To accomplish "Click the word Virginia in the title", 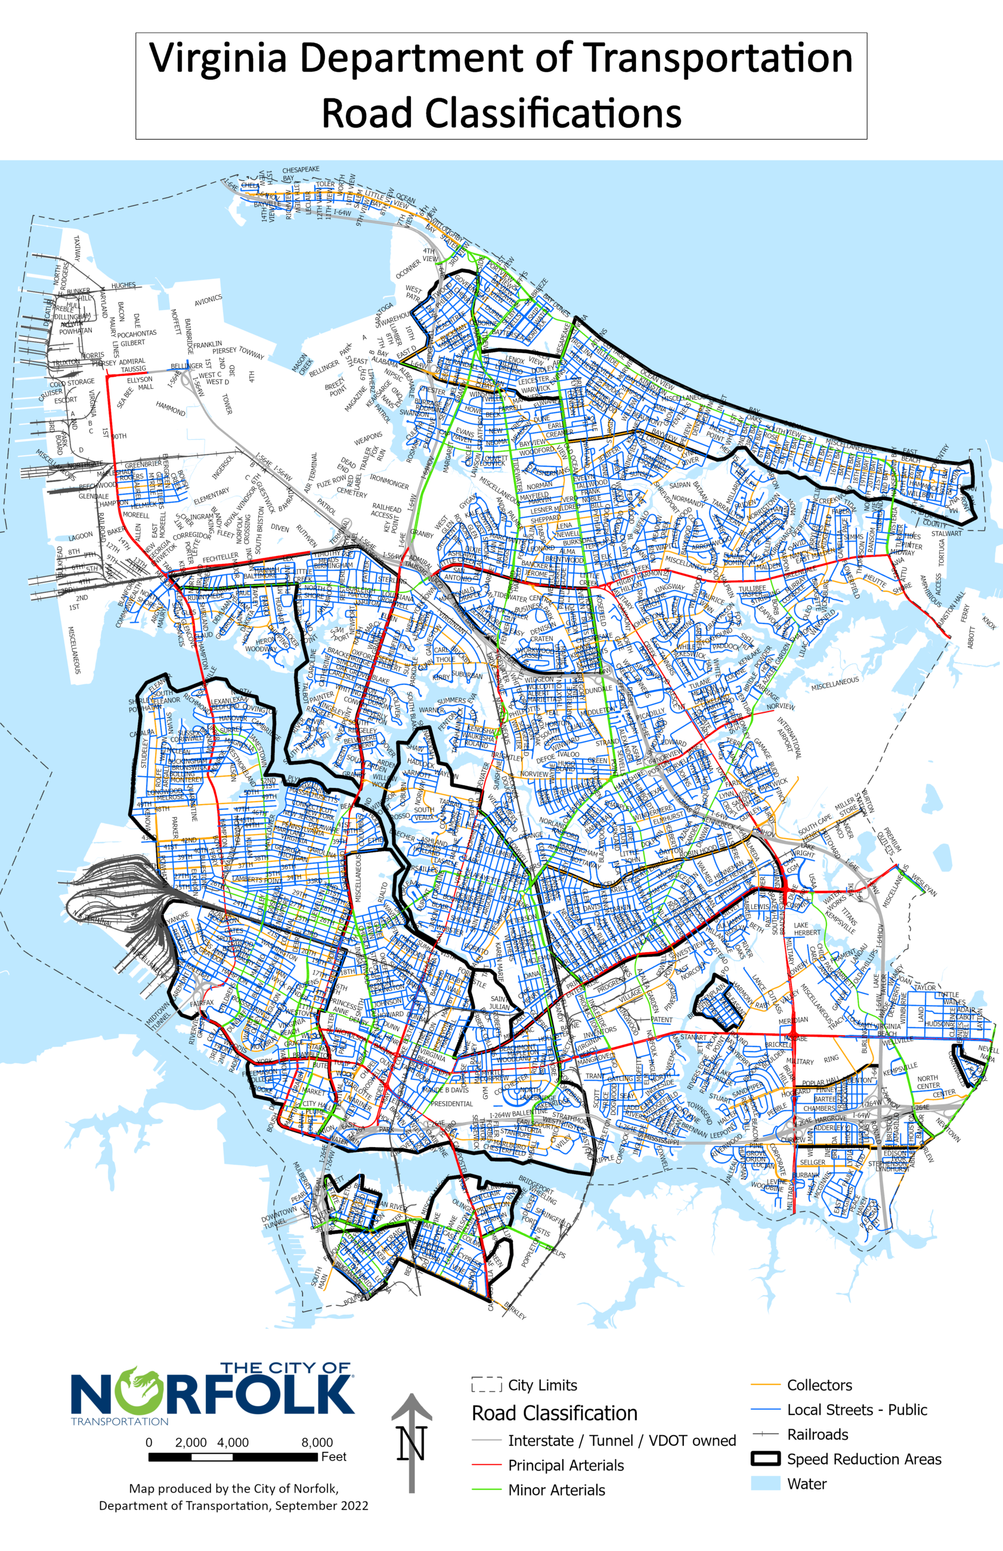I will click(219, 58).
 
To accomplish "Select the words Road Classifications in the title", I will click(501, 113).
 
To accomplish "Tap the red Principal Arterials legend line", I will click(487, 1466).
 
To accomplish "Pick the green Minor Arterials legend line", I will click(487, 1490).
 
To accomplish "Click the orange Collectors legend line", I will click(765, 1386).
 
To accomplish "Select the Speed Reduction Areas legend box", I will click(765, 1459).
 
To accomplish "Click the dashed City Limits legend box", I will click(487, 1385).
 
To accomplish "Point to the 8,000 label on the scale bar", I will click(317, 1442).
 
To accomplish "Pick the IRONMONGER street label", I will click(389, 481).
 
